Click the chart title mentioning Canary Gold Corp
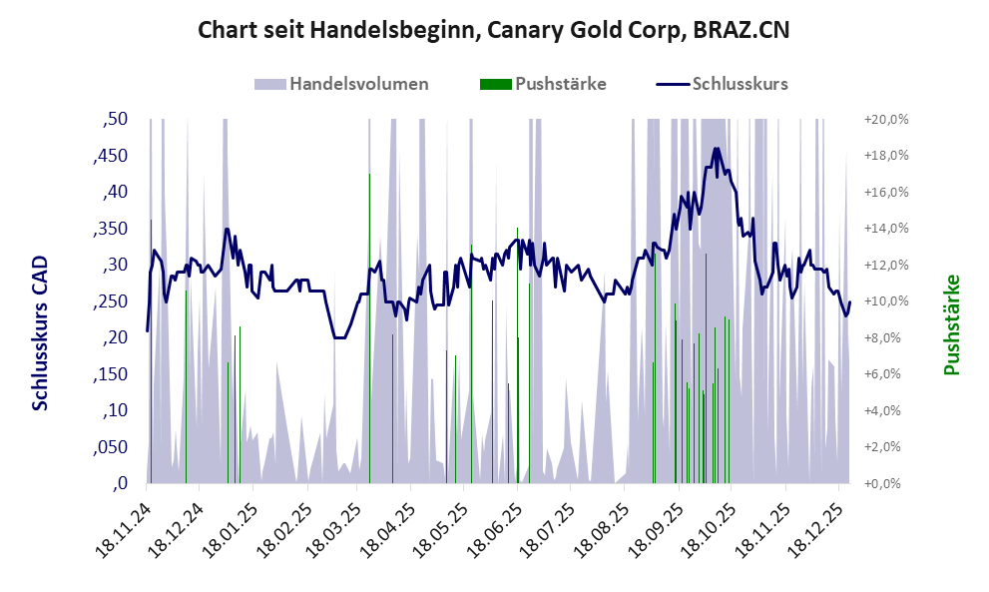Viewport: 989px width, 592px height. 494,30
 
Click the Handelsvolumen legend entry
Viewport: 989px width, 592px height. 359,84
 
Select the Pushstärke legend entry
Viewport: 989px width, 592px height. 560,84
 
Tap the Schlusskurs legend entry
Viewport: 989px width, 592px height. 740,84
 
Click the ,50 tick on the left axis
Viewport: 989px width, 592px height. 116,120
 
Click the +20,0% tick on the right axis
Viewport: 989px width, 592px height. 886,120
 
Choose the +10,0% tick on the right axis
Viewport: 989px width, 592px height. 886,301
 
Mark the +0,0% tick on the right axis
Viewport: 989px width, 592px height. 888,484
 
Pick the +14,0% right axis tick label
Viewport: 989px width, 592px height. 886,229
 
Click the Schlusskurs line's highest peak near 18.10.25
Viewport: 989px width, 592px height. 716,149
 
